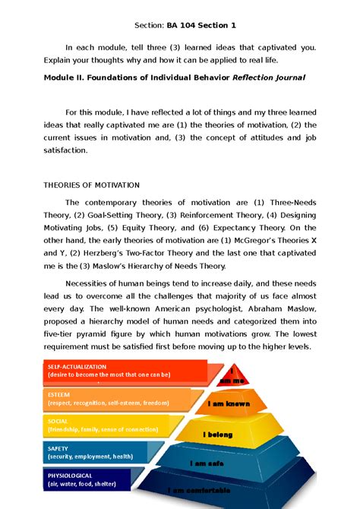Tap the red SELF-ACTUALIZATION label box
coord(114,370)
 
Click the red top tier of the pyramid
coord(234,375)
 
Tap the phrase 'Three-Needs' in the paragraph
coord(289,202)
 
